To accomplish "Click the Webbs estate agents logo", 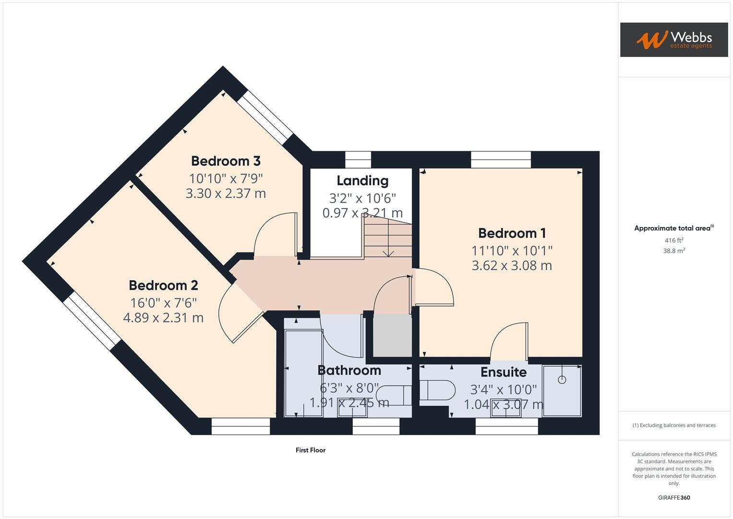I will click(x=673, y=39).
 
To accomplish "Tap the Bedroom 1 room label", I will click(x=512, y=233).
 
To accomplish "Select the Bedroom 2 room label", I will click(x=163, y=285).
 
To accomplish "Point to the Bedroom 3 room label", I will click(x=226, y=161).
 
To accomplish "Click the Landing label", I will click(x=362, y=181).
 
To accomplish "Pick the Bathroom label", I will click(x=349, y=371).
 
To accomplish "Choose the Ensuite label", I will click(x=504, y=372).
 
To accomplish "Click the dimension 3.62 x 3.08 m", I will click(x=512, y=265).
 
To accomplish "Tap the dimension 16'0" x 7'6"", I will click(x=163, y=303).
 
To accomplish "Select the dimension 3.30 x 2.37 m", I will click(x=226, y=194).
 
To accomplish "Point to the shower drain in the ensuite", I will click(x=562, y=380).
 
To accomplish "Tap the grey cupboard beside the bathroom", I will click(x=392, y=335).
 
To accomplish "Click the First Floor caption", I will click(x=311, y=450).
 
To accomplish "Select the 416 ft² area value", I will click(x=674, y=240).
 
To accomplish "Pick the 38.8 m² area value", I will click(x=674, y=251).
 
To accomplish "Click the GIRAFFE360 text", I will click(x=674, y=497).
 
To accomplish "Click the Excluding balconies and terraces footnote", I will click(x=674, y=425).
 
